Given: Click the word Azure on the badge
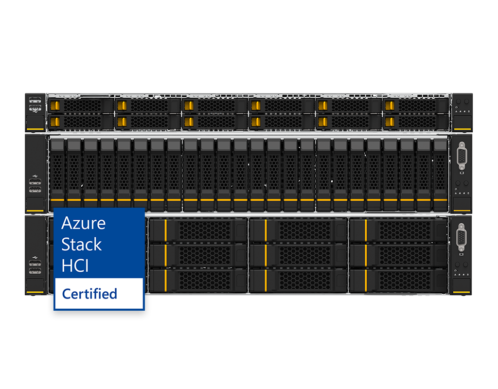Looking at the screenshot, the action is click(83, 223).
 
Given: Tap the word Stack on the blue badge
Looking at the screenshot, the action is click(81, 245).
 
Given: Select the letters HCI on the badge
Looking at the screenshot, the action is click(75, 266).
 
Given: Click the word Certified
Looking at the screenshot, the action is click(89, 294).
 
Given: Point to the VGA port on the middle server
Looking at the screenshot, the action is click(462, 156).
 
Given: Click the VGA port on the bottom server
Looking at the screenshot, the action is click(461, 237).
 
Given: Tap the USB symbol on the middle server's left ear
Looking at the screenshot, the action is click(35, 176).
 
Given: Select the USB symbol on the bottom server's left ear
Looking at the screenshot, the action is click(35, 257).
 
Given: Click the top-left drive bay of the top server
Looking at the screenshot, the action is click(81, 106).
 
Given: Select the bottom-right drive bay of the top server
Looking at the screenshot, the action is click(416, 122).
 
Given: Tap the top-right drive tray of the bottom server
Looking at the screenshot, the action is click(399, 230).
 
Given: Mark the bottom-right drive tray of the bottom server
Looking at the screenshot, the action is click(399, 281).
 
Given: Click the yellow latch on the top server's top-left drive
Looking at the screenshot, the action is click(55, 106).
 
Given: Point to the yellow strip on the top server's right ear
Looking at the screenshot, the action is click(462, 129).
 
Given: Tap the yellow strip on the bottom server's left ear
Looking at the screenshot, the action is click(35, 292).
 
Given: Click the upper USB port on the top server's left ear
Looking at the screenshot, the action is click(35, 100).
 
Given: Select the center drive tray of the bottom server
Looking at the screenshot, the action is click(298, 256).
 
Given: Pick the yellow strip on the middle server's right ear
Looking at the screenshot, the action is click(462, 211).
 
